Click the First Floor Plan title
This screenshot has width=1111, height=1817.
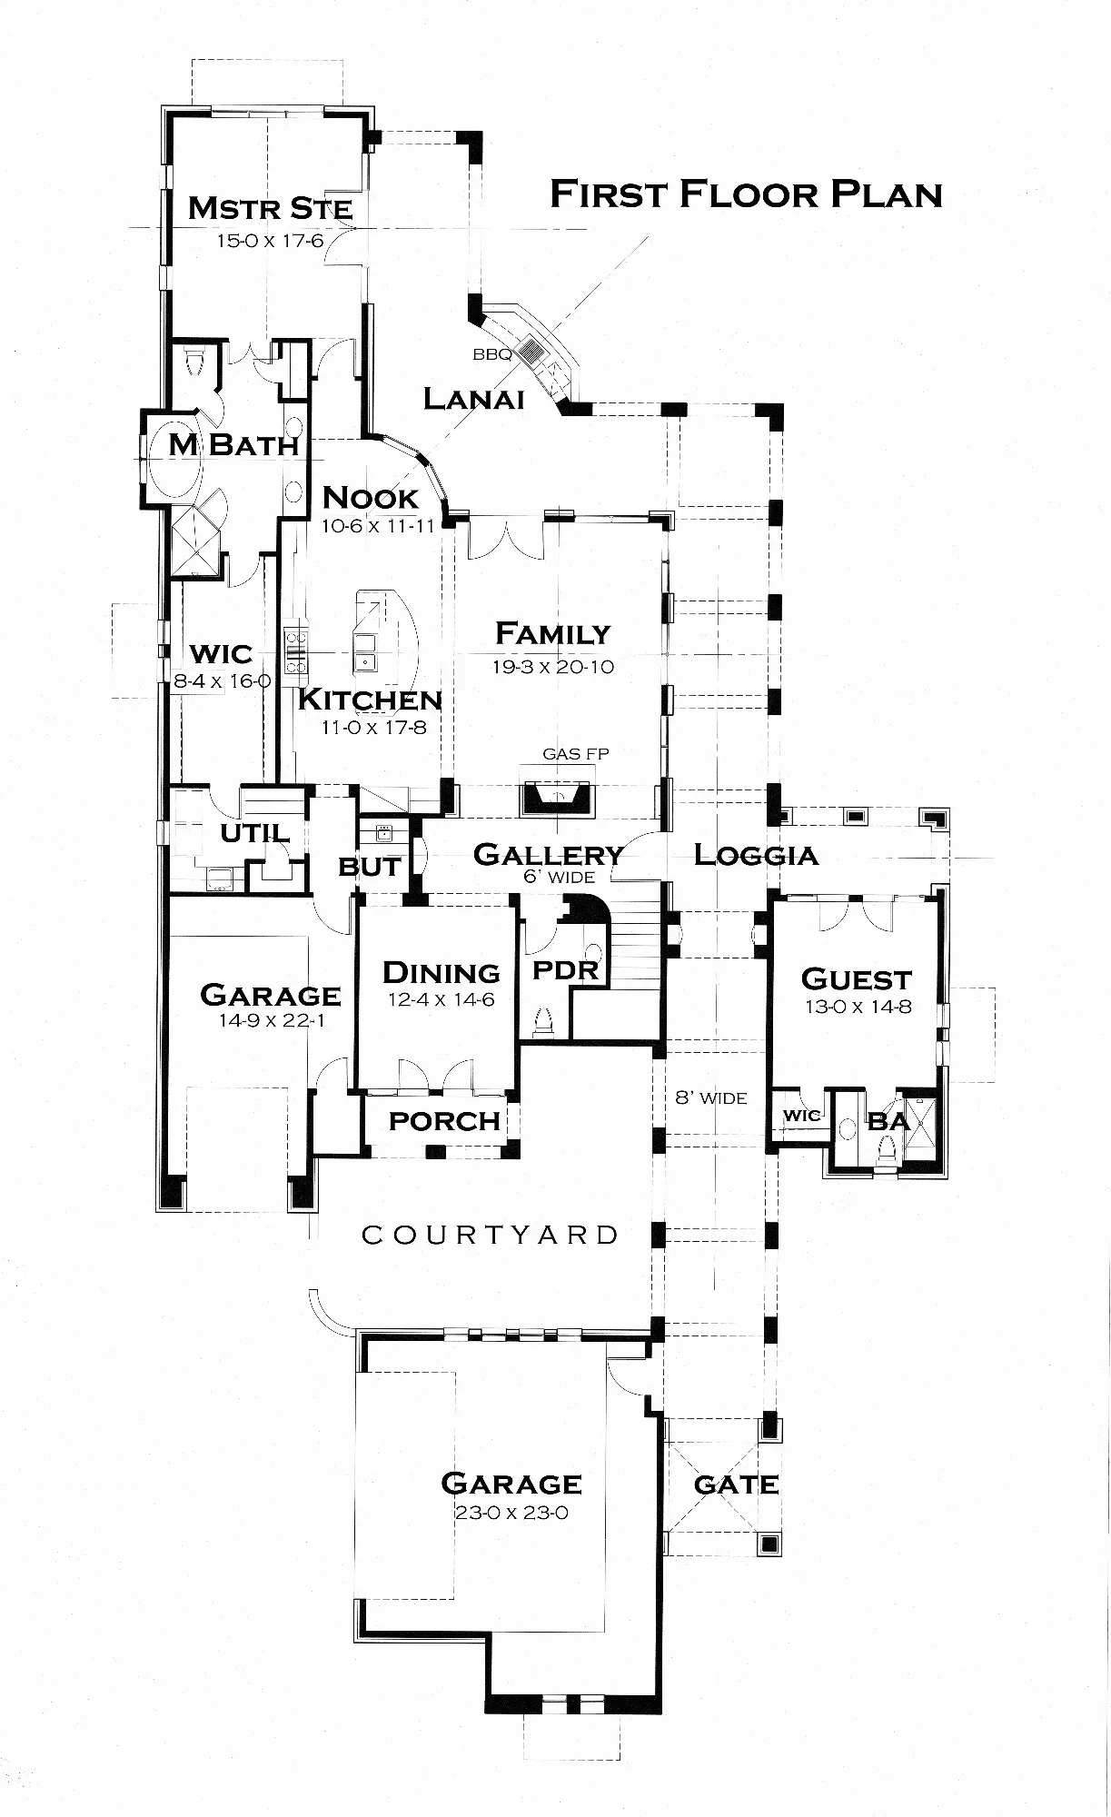746,194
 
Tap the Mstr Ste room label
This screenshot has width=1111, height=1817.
270,208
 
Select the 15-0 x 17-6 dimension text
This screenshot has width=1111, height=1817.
270,241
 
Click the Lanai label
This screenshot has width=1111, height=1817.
474,398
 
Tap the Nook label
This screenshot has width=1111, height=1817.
371,498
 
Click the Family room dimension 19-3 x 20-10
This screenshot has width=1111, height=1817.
553,667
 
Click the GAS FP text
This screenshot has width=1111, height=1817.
576,753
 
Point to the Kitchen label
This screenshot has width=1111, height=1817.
370,700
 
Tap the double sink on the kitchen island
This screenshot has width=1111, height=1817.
365,651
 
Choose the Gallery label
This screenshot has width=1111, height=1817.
548,854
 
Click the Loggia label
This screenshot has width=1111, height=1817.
756,855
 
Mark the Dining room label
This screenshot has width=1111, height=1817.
441,973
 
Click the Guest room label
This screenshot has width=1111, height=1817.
857,979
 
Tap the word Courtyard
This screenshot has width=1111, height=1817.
491,1235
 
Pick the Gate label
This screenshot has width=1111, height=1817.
736,1484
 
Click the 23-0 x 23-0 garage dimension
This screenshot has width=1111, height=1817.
511,1513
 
